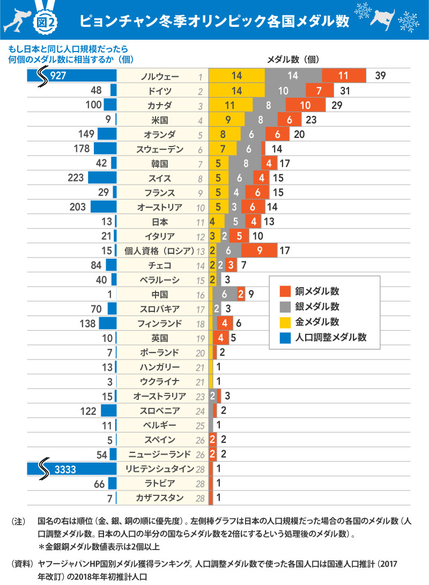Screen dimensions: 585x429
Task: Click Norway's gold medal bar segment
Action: click(236, 76)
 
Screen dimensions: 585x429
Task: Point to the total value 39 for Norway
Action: click(380, 76)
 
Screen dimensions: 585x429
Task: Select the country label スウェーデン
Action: click(160, 149)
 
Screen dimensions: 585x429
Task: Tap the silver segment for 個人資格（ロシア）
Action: click(229, 250)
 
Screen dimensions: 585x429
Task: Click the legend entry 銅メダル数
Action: click(317, 291)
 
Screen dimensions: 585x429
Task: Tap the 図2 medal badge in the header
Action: click(45, 20)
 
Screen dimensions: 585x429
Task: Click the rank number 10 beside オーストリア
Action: click(201, 207)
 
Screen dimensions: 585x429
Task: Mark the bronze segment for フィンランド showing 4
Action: click(225, 323)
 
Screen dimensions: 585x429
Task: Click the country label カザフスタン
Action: click(160, 498)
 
